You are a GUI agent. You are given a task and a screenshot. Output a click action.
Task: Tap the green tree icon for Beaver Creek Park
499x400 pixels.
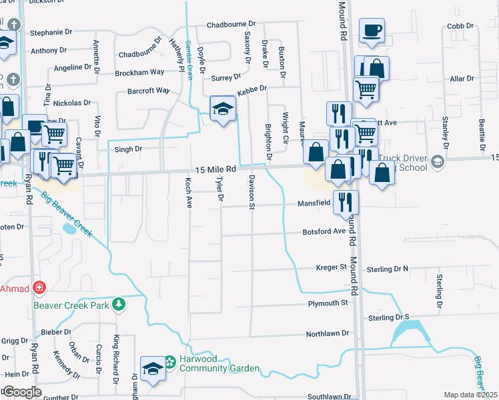(x=119, y=305)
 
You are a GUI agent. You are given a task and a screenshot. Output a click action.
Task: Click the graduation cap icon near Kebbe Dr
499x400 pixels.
(x=223, y=109)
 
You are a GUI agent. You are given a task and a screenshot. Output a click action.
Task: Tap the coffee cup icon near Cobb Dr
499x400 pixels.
(x=372, y=30)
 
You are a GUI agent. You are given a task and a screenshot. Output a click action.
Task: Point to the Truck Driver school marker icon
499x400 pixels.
(x=437, y=162)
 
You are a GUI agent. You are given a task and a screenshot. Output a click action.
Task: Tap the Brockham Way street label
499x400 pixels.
(x=139, y=72)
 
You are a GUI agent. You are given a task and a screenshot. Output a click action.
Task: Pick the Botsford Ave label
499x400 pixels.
(x=324, y=231)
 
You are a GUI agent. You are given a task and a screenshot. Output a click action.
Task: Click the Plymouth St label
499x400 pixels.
(x=328, y=303)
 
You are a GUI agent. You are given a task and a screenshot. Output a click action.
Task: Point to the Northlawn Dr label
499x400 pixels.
(x=328, y=333)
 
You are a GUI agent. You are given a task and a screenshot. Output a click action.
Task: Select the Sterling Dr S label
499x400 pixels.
(x=388, y=317)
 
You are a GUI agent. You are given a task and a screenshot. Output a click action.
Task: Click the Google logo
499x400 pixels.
(x=21, y=392)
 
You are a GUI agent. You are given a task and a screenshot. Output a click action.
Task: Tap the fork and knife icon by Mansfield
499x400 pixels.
(x=346, y=202)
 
